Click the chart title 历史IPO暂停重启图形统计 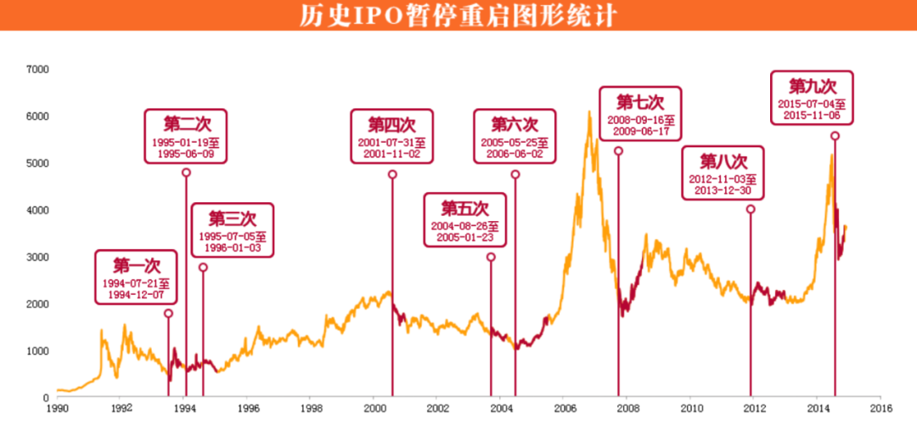458,15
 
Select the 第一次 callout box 136,277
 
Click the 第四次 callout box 391,136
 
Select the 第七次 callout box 639,114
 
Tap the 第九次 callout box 812,99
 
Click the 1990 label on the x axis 57,408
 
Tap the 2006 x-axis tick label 563,408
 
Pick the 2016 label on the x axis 880,408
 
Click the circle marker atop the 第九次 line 835,136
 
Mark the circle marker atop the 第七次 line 618,151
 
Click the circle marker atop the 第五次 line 491,257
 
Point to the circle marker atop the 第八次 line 751,209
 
